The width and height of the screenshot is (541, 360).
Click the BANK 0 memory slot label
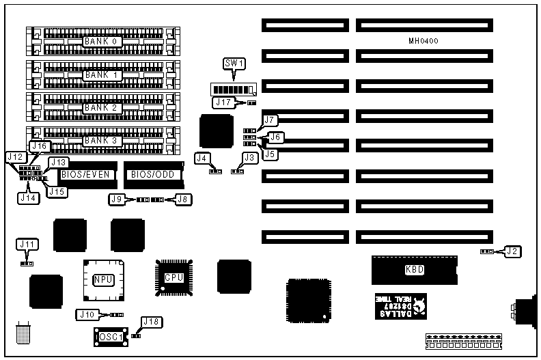point(102,42)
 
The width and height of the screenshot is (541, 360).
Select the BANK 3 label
point(102,141)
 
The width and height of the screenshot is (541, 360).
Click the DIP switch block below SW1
point(234,89)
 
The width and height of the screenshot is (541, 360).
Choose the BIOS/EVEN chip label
point(85,174)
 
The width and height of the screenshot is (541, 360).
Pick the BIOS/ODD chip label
point(154,174)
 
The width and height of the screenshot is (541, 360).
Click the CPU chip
point(172,277)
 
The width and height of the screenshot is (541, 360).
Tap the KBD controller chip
point(414,270)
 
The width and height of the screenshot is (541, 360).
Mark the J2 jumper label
point(512,251)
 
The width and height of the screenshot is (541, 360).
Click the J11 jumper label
point(27,244)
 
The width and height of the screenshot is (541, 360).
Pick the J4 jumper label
point(202,158)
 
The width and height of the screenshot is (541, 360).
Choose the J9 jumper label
point(117,199)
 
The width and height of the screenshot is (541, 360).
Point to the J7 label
point(270,120)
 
